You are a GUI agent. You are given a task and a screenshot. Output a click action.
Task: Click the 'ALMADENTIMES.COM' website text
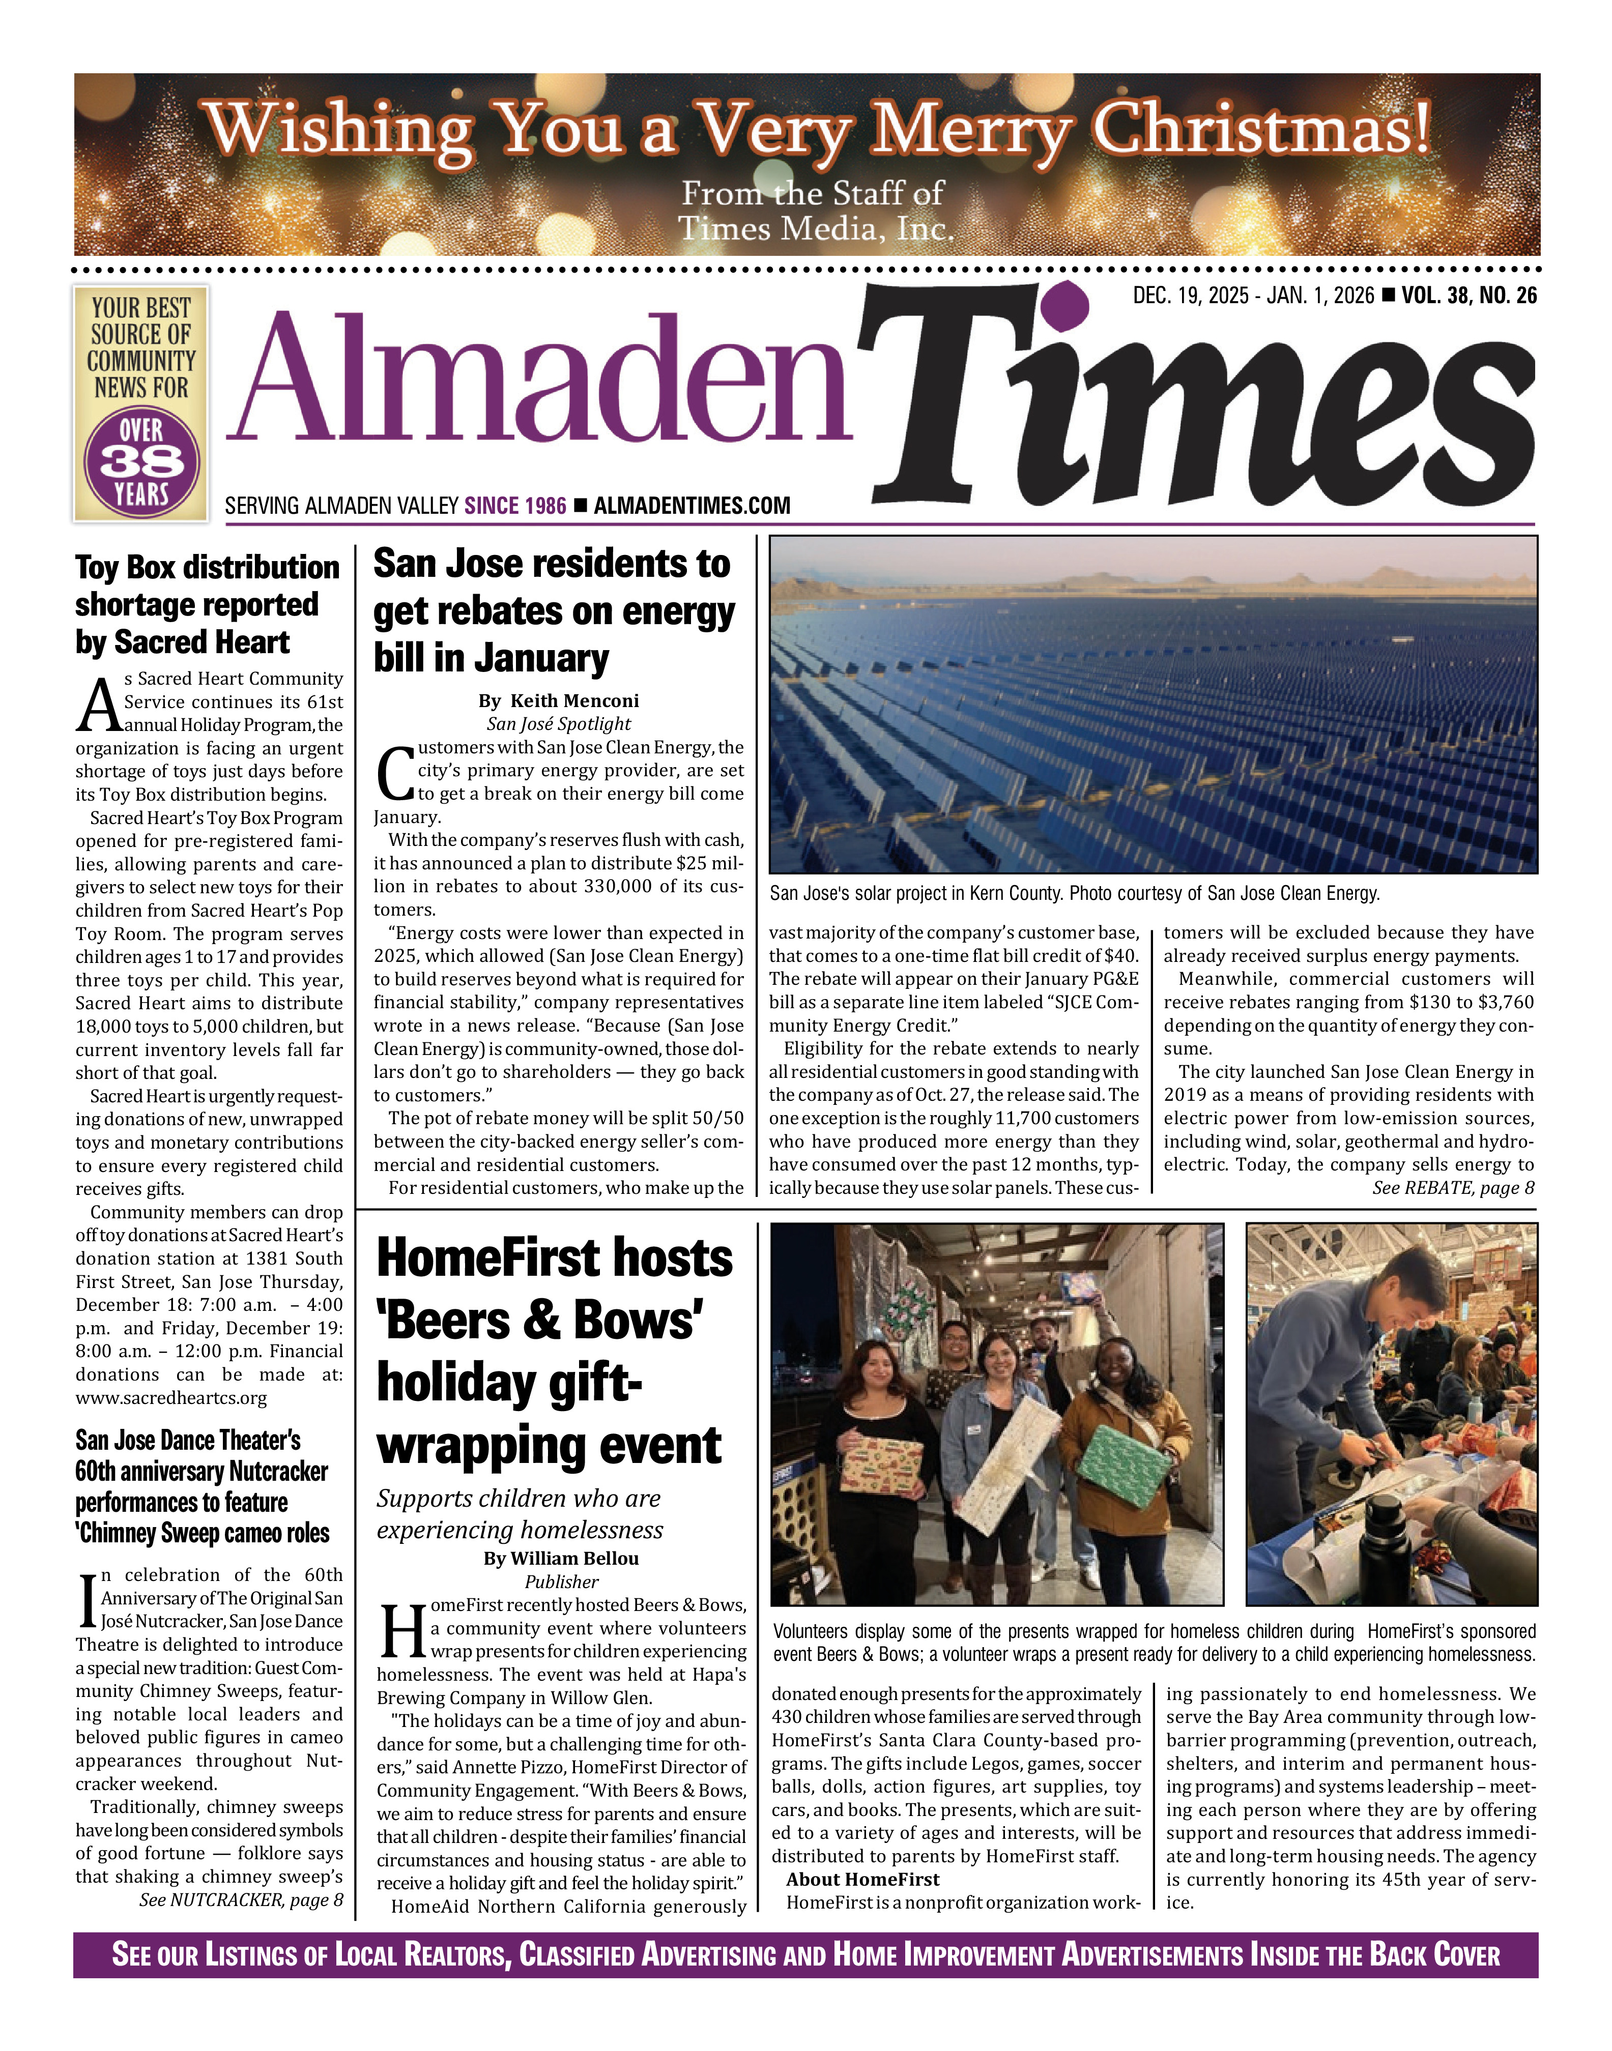(x=692, y=507)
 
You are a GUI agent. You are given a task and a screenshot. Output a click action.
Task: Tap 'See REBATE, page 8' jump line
(x=1453, y=1188)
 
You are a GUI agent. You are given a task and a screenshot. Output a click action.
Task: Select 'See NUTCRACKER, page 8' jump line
(x=241, y=1900)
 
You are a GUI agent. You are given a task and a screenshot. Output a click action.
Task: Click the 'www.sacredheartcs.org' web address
(x=171, y=1398)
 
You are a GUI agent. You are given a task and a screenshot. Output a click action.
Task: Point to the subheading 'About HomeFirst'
(x=862, y=1879)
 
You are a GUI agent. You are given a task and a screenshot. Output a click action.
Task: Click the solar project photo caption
(x=1074, y=893)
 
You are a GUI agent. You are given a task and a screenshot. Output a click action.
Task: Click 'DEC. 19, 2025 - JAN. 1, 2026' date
(x=1253, y=296)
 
